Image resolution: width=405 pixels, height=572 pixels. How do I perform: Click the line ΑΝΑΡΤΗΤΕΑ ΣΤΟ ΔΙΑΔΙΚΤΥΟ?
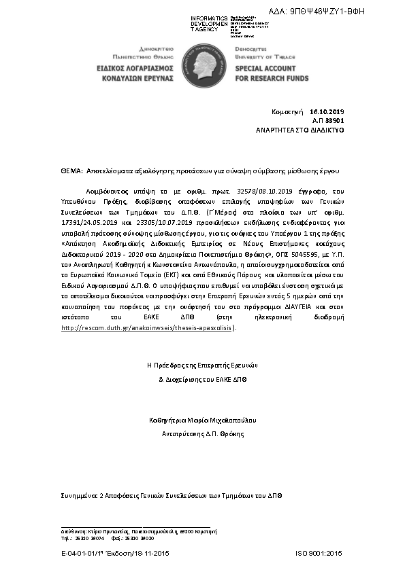coord(300,128)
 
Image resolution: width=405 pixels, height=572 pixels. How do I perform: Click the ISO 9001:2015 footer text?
coord(319,555)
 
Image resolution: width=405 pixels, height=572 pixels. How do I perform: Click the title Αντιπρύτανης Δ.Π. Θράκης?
coord(203,433)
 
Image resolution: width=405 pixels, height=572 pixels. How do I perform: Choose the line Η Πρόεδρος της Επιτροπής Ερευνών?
coord(204,365)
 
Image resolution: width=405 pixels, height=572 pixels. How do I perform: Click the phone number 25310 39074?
coord(86,538)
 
